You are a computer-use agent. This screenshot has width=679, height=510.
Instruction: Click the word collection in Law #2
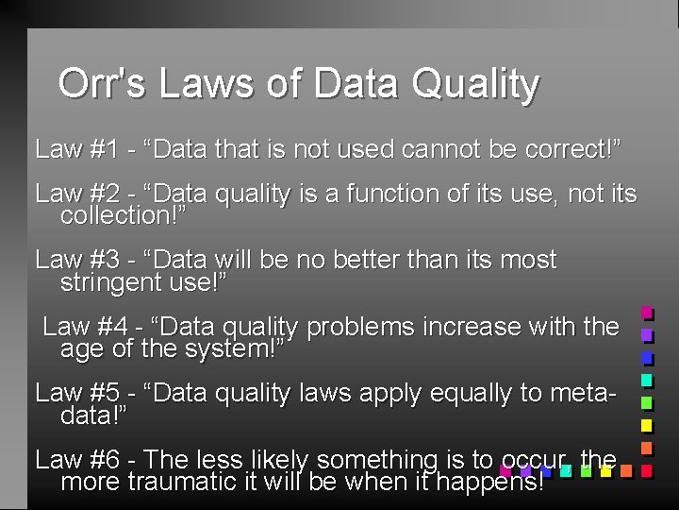point(119,215)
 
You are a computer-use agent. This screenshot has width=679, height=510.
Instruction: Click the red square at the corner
point(647,469)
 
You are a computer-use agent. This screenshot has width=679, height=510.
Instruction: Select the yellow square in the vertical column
point(647,425)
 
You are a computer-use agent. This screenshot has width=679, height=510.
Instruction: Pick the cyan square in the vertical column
point(647,380)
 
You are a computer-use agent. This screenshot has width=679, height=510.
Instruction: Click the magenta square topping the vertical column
point(647,312)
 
